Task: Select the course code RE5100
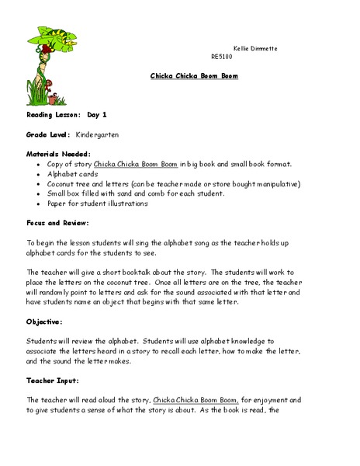coord(221,57)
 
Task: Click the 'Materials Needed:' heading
coord(58,154)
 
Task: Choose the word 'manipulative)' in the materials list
coord(275,184)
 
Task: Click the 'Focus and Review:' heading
coord(56,223)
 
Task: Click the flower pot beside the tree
coord(54,99)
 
